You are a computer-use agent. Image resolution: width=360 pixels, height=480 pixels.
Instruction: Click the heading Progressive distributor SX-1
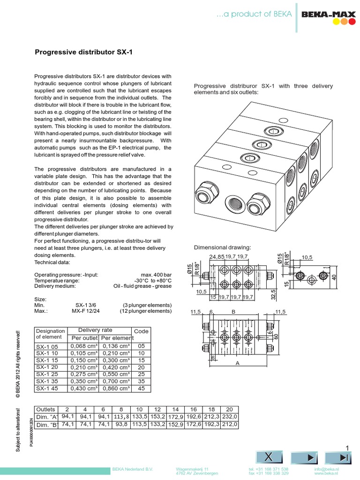(84, 52)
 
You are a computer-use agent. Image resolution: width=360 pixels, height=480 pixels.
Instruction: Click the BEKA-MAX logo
(328, 17)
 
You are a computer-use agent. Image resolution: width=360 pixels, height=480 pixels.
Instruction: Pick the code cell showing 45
(142, 388)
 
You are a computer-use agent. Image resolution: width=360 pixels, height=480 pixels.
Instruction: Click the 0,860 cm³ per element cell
(116, 388)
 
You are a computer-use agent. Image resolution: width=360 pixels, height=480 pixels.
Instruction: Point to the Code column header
(141, 331)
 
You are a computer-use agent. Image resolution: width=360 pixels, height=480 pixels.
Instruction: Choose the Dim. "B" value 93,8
(120, 424)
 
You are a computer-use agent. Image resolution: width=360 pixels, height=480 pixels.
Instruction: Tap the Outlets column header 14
(175, 408)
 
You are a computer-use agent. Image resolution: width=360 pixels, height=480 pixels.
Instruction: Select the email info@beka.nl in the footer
(327, 469)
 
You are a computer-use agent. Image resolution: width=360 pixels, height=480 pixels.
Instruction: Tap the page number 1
(347, 448)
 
